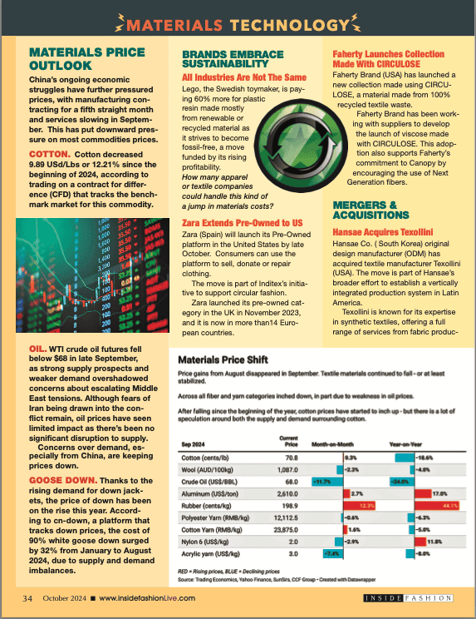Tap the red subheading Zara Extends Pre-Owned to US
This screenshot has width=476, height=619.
[x=242, y=223]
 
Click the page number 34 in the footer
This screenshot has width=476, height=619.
[x=27, y=597]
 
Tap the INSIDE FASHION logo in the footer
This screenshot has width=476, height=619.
[x=409, y=597]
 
